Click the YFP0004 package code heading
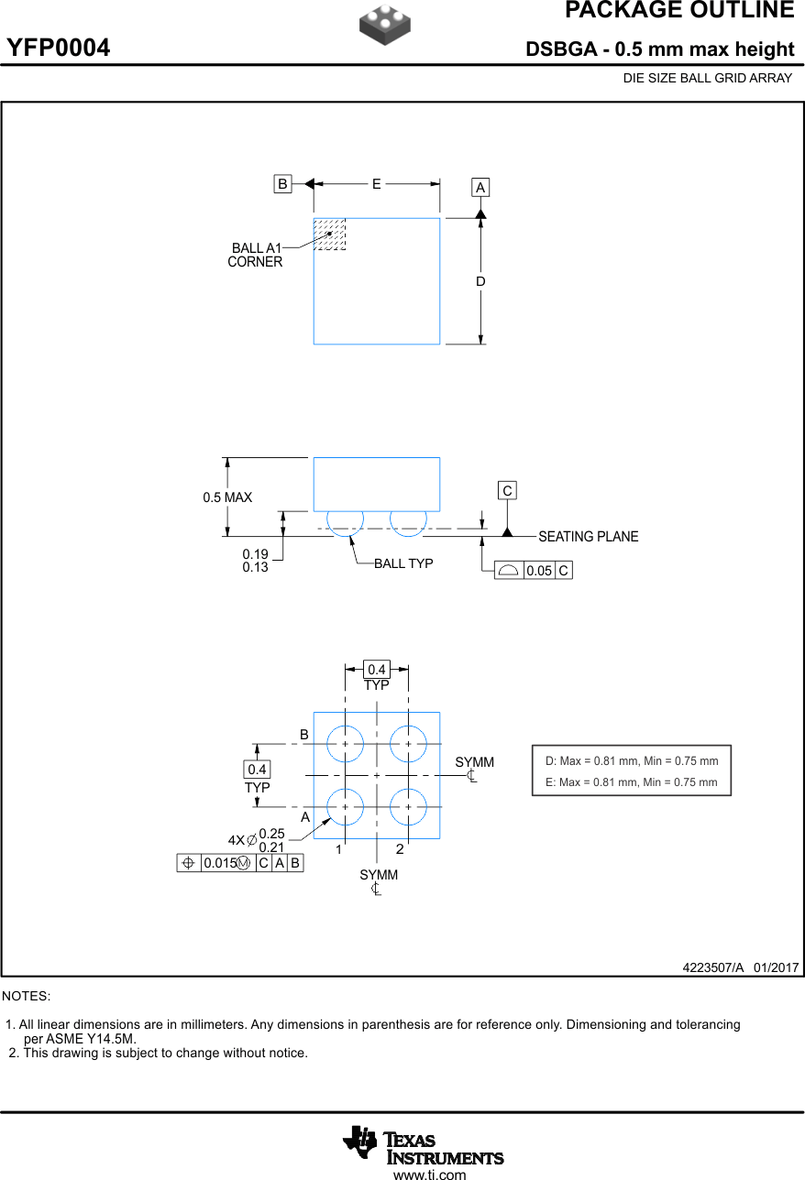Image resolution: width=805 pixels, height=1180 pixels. click(x=59, y=49)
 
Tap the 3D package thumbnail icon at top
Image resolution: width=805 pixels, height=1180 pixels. click(x=384, y=25)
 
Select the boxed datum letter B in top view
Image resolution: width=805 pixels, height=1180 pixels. click(x=282, y=184)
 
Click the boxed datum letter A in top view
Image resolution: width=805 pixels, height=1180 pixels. click(x=480, y=188)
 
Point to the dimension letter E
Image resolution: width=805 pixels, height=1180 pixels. click(x=376, y=184)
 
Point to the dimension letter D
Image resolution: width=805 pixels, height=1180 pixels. click(x=480, y=281)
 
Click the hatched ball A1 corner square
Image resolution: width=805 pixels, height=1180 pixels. click(x=329, y=234)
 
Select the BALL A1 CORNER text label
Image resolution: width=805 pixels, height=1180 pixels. click(x=256, y=255)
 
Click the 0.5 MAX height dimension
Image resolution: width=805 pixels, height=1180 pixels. click(x=227, y=497)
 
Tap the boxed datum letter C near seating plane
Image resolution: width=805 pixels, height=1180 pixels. click(x=507, y=491)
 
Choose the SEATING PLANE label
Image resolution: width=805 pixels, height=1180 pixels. click(x=588, y=537)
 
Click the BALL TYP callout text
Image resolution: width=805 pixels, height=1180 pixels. click(x=402, y=563)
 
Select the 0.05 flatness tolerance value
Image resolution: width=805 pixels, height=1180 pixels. click(x=539, y=571)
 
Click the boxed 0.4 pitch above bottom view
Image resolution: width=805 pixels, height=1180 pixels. click(x=376, y=670)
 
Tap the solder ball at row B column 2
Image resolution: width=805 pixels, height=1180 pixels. click(x=408, y=744)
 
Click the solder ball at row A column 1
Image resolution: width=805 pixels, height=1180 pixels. click(x=345, y=807)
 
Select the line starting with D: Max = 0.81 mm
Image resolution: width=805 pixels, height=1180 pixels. click(x=632, y=760)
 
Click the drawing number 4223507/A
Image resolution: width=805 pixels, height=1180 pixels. click(x=712, y=967)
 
